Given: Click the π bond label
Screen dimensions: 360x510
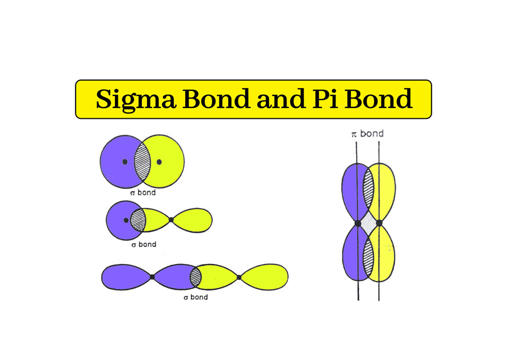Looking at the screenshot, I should pos(367,134).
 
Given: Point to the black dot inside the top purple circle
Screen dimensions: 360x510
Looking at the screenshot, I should pos(125,162).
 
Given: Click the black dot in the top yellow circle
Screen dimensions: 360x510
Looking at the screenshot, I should pos(159,162).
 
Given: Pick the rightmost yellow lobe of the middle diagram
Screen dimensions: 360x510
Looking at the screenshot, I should pos(193,219).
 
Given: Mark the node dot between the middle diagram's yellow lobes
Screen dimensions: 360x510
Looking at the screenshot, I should pos(171,219).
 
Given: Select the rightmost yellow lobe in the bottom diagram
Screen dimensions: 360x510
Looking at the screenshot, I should pos(265,277).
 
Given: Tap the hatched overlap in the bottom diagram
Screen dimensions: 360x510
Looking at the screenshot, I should pos(196,277).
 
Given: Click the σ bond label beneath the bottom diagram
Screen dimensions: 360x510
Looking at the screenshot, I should pos(194,298).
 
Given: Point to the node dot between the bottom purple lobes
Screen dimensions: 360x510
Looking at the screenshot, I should pos(152,277).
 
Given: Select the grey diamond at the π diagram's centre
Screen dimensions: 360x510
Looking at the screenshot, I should pos(369,223).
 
